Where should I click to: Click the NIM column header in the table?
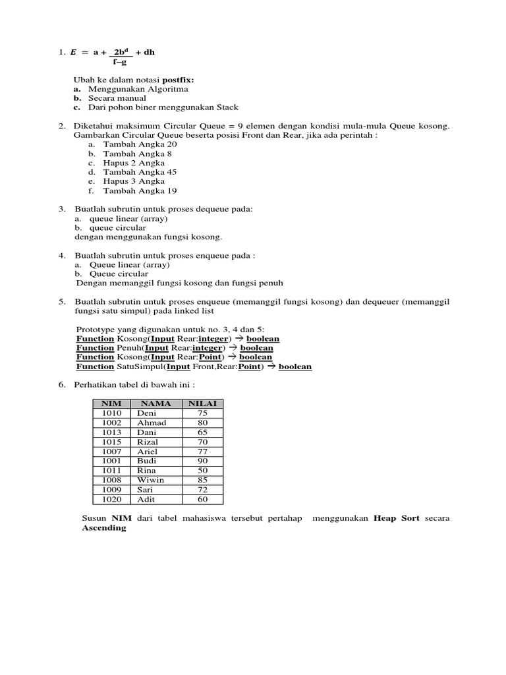(x=112, y=403)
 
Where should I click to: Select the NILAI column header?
(x=203, y=403)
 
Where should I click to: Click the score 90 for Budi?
(x=202, y=461)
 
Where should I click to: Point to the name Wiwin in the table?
(x=150, y=480)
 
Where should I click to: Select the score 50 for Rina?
(x=202, y=470)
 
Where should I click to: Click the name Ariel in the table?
(x=148, y=451)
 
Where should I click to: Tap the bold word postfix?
(x=179, y=79)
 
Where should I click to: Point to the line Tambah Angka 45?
(x=140, y=172)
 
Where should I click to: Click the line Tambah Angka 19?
(x=140, y=191)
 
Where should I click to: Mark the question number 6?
(x=61, y=384)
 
